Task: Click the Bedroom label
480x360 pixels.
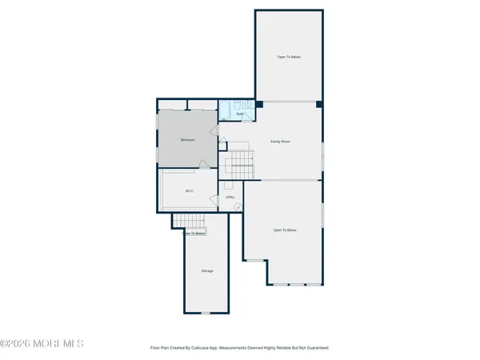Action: point(188,140)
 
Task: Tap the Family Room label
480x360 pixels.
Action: point(280,142)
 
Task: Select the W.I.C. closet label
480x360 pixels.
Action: point(190,190)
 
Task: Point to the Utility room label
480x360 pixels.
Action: point(230,197)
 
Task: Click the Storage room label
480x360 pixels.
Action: point(207,271)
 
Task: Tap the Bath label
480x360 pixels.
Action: point(239,114)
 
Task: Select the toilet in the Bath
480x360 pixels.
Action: point(248,104)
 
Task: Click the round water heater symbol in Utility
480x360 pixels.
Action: point(238,206)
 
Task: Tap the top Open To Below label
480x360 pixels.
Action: point(289,57)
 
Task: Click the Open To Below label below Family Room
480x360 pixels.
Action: point(285,230)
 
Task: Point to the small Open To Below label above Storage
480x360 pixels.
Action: point(195,234)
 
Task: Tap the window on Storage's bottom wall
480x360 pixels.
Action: point(206,312)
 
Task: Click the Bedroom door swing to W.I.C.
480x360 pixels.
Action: point(203,166)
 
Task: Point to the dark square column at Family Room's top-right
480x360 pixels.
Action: point(318,104)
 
